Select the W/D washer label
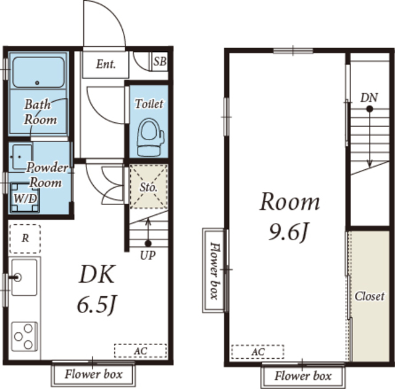pyautogui.click(x=25, y=198)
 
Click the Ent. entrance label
pyautogui.click(x=106, y=63)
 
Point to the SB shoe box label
pyautogui.click(x=160, y=61)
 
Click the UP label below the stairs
pyautogui.click(x=147, y=254)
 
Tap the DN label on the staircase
pyautogui.click(x=369, y=98)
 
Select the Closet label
pyautogui.click(x=369, y=296)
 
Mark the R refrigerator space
pyautogui.click(x=25, y=238)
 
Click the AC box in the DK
pyautogui.click(x=140, y=351)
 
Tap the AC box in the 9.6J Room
pyautogui.click(x=257, y=351)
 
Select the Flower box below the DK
pyautogui.click(x=94, y=374)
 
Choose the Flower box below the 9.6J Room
pyautogui.click(x=302, y=375)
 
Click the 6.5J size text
pyautogui.click(x=97, y=304)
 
